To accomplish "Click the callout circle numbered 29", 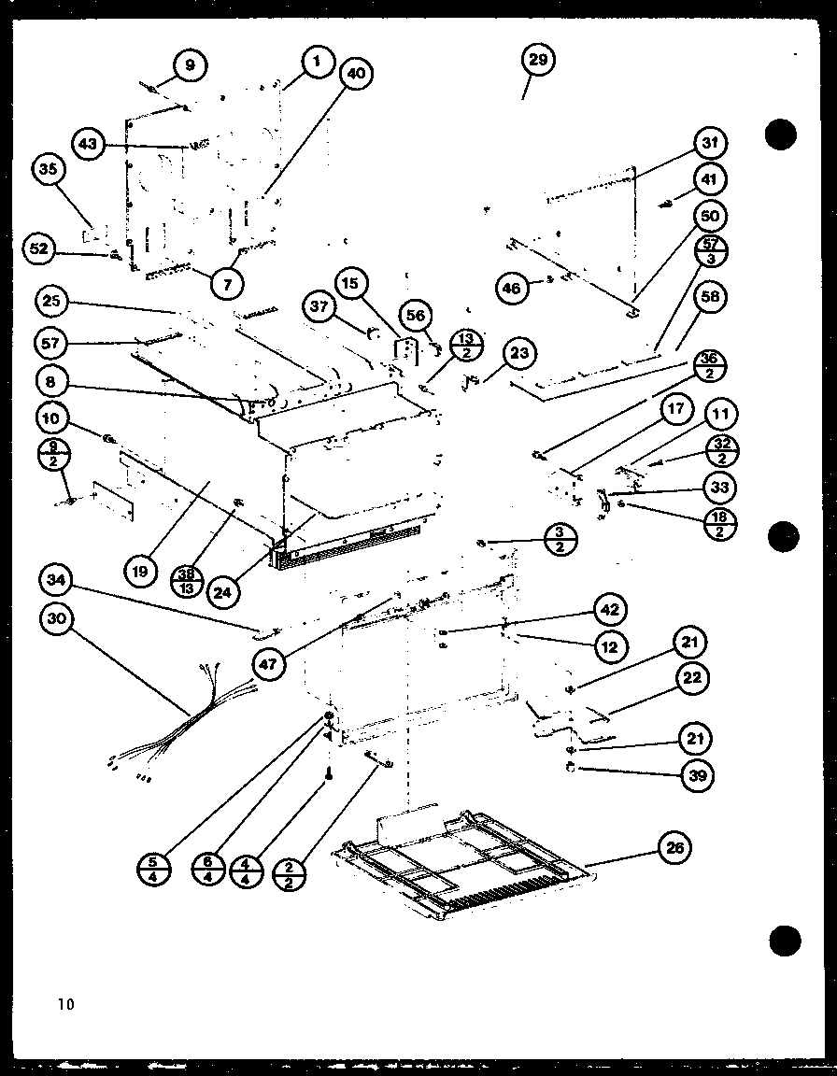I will (538, 62).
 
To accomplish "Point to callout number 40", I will (355, 74).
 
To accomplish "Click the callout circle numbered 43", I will (88, 145).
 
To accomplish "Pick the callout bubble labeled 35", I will (49, 171).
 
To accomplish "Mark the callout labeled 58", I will (713, 297).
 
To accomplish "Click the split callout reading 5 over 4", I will (153, 870).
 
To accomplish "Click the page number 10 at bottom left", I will (64, 1005).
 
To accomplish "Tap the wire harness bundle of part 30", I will (187, 719).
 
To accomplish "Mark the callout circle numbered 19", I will (140, 571).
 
